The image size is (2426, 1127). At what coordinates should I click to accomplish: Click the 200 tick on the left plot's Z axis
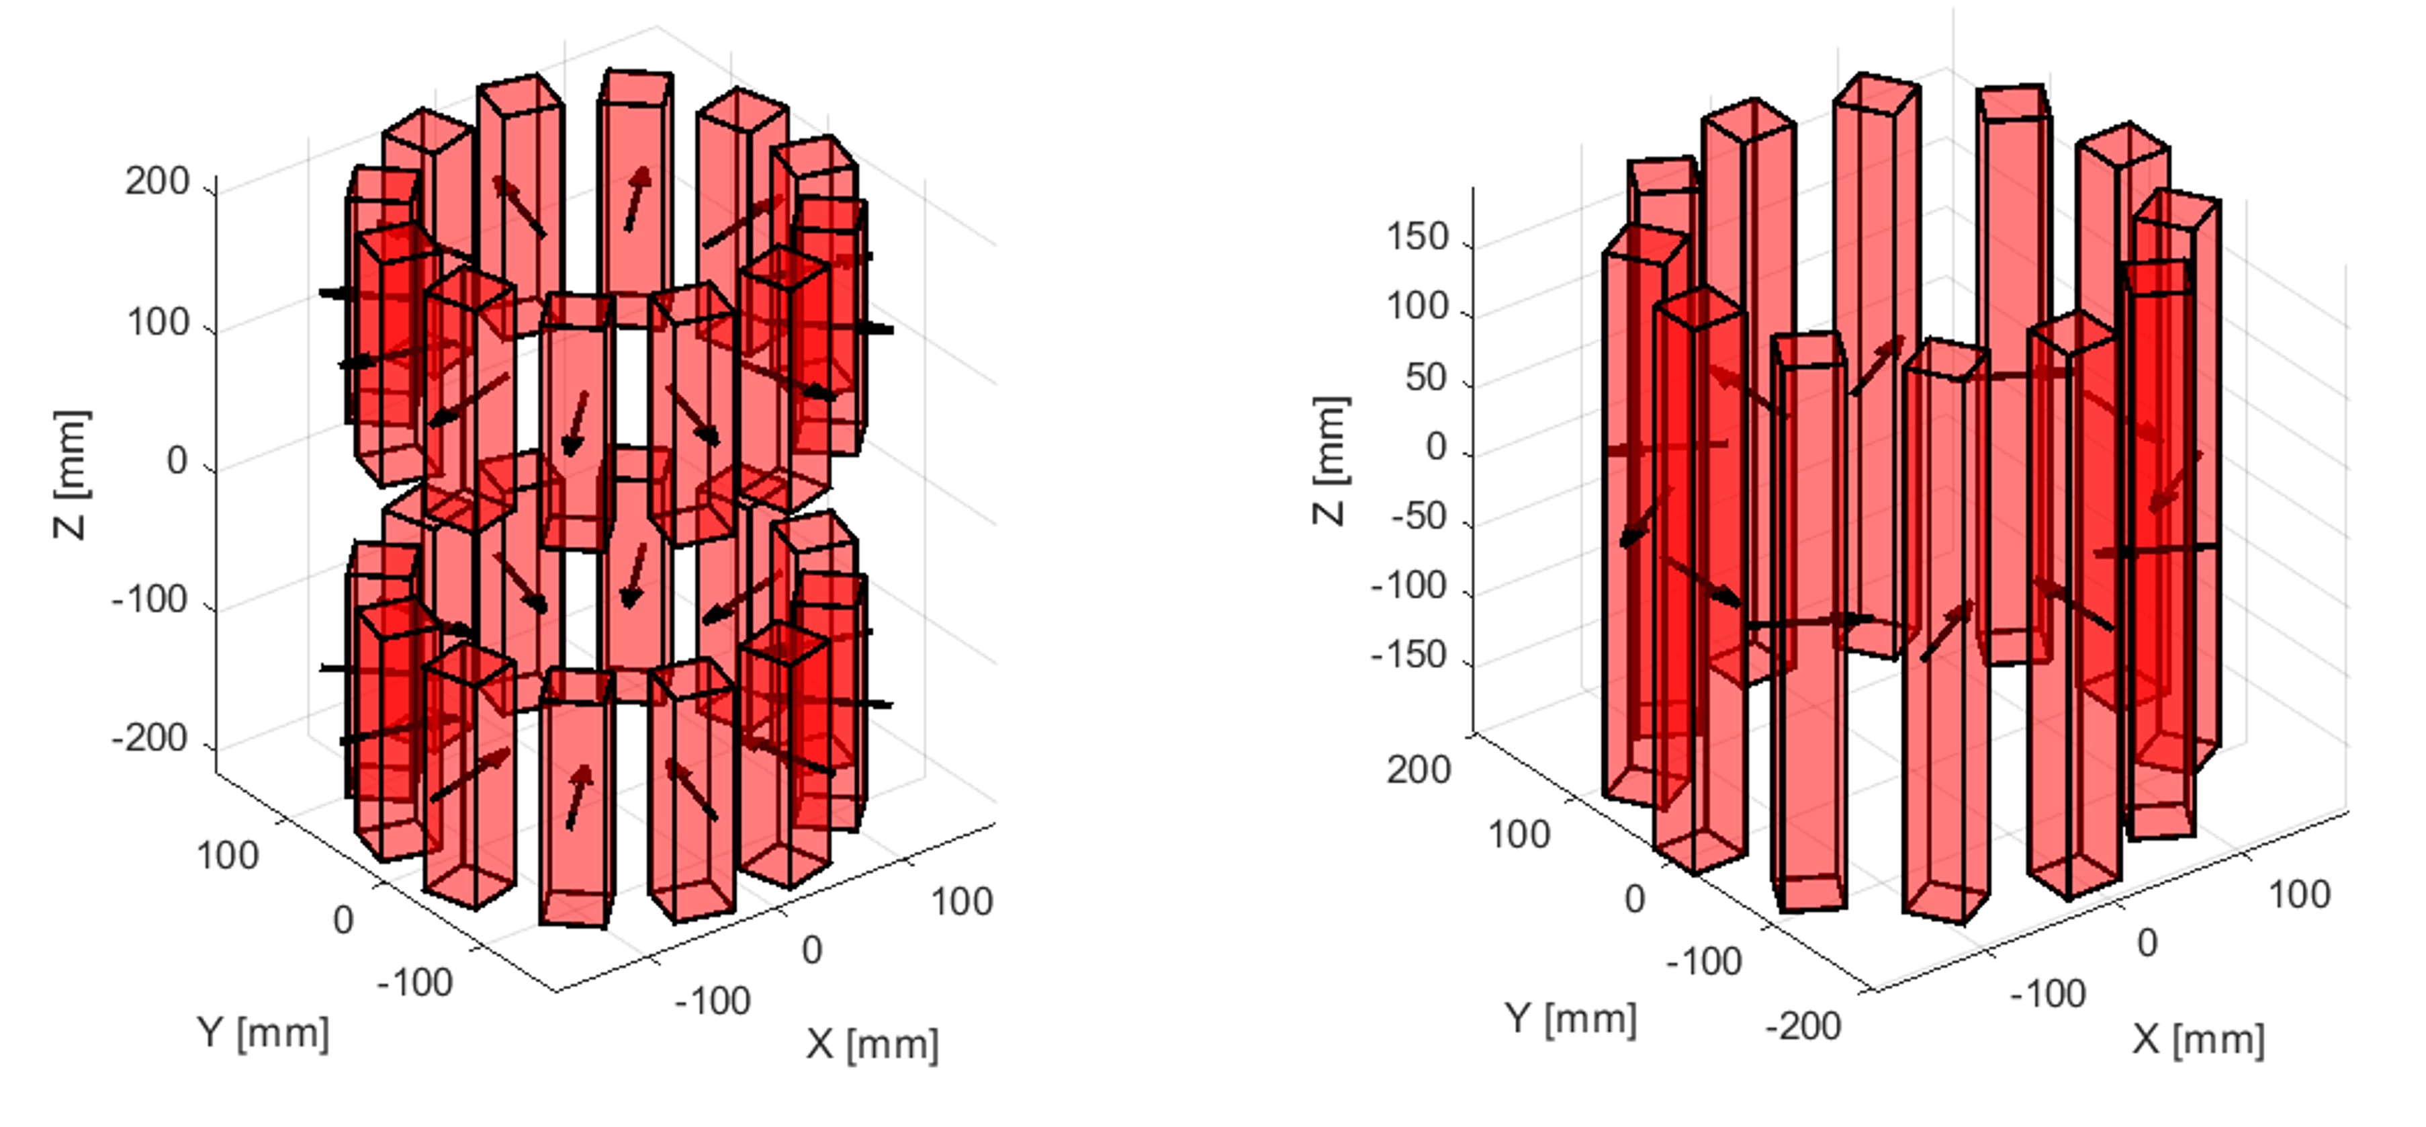pyautogui.click(x=157, y=182)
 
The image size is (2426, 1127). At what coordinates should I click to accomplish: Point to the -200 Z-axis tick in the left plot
pyautogui.click(x=150, y=739)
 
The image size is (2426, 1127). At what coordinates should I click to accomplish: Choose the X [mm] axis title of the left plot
pyautogui.click(x=872, y=1044)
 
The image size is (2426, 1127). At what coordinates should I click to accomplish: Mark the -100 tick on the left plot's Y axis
pyautogui.click(x=415, y=983)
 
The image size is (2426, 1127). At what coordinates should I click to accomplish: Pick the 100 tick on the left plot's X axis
pyautogui.click(x=962, y=902)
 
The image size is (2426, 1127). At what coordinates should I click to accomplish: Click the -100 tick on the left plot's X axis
pyautogui.click(x=713, y=1001)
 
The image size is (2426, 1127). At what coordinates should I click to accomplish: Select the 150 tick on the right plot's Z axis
pyautogui.click(x=1417, y=237)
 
